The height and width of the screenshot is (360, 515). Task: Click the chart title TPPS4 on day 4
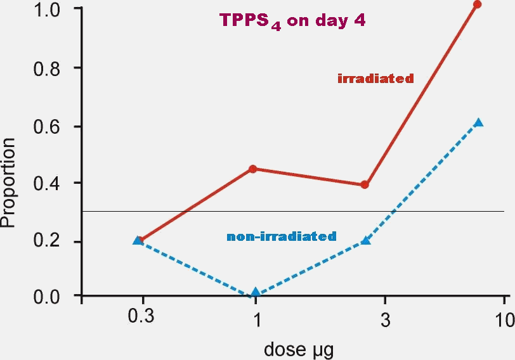[292, 21]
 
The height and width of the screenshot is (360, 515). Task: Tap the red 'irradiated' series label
[375, 79]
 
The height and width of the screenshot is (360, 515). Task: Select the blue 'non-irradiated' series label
[281, 236]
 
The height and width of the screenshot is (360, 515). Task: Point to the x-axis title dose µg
[291, 347]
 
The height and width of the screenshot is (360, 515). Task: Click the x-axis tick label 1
[256, 318]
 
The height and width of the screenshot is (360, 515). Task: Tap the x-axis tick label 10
[505, 318]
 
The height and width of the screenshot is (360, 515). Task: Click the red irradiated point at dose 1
[253, 169]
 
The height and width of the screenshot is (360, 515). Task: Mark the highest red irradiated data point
[478, 4]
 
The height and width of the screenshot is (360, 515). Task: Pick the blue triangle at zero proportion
[256, 293]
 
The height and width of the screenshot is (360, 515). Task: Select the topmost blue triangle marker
[479, 122]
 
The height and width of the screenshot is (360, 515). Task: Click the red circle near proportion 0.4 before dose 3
[365, 185]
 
